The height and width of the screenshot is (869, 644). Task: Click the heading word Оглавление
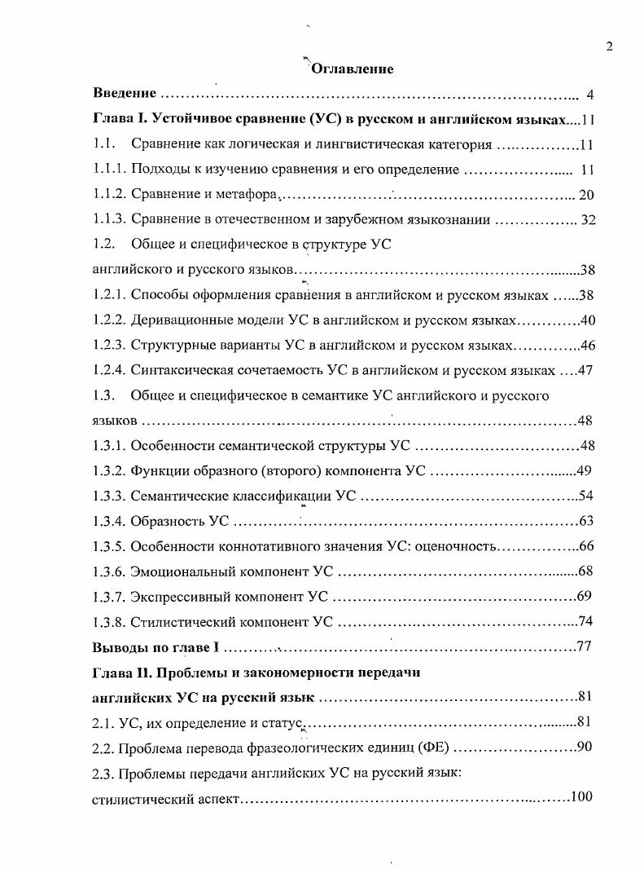[353, 68]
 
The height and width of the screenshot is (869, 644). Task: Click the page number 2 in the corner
[609, 46]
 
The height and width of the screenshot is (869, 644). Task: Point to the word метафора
[249, 195]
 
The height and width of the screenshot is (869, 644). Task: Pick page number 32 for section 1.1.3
[588, 220]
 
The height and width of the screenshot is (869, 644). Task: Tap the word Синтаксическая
[179, 370]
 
